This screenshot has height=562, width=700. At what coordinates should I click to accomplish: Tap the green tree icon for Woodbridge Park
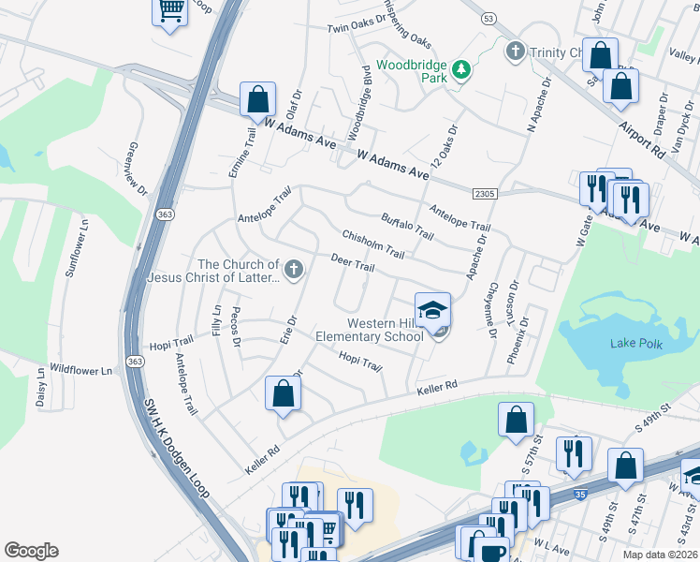click(x=459, y=70)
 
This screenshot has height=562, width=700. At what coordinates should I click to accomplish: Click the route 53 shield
click(x=488, y=18)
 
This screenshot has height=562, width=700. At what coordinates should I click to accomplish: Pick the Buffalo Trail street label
click(x=408, y=226)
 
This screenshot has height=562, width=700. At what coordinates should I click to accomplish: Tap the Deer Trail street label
click(x=353, y=263)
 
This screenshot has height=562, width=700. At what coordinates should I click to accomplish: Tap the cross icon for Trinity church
click(x=514, y=51)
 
